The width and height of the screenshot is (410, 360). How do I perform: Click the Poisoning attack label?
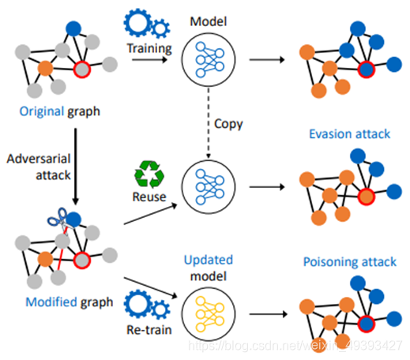348,261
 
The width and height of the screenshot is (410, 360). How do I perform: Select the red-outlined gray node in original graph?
82,71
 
